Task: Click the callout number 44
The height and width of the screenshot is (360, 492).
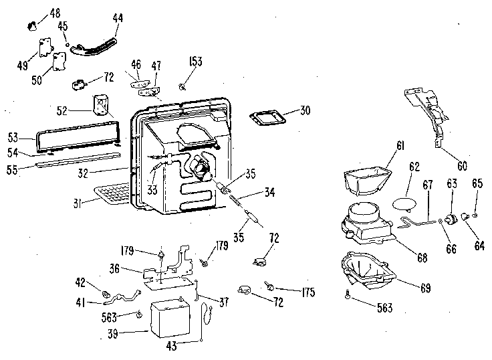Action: pos(118,20)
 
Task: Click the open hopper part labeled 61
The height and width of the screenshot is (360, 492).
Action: pos(366,179)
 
